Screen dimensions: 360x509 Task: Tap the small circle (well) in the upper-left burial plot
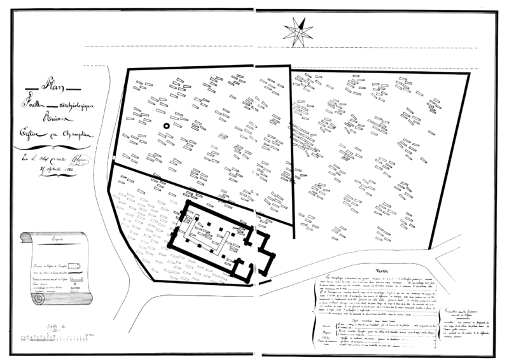coord(167,126)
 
